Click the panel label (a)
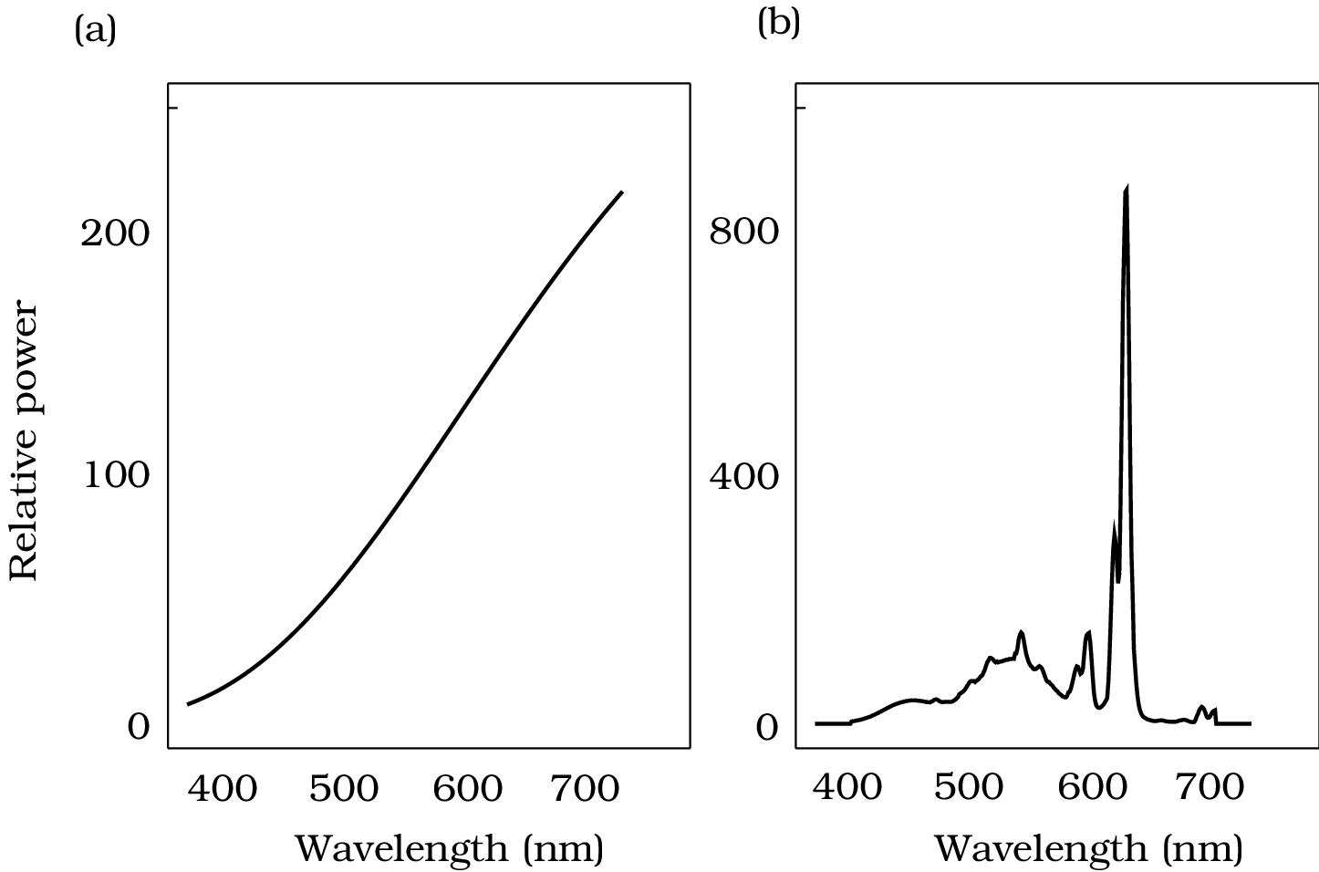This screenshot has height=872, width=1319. (95, 31)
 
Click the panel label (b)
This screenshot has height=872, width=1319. (778, 24)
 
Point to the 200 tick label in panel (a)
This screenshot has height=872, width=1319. (115, 234)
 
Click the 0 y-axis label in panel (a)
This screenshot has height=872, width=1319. (138, 727)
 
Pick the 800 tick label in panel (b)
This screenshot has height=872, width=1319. (744, 231)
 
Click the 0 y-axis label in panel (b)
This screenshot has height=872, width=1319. (767, 728)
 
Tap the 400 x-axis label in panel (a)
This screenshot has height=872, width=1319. (223, 788)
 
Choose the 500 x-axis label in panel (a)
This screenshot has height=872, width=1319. (344, 788)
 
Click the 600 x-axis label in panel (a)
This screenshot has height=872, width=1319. (467, 788)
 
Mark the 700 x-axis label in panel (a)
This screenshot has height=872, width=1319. (586, 788)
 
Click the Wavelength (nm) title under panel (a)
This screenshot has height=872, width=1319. (450, 849)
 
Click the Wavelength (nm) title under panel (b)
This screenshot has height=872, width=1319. (1088, 849)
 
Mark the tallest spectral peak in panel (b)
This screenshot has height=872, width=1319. (1127, 189)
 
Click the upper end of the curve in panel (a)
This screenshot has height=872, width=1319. (621, 192)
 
